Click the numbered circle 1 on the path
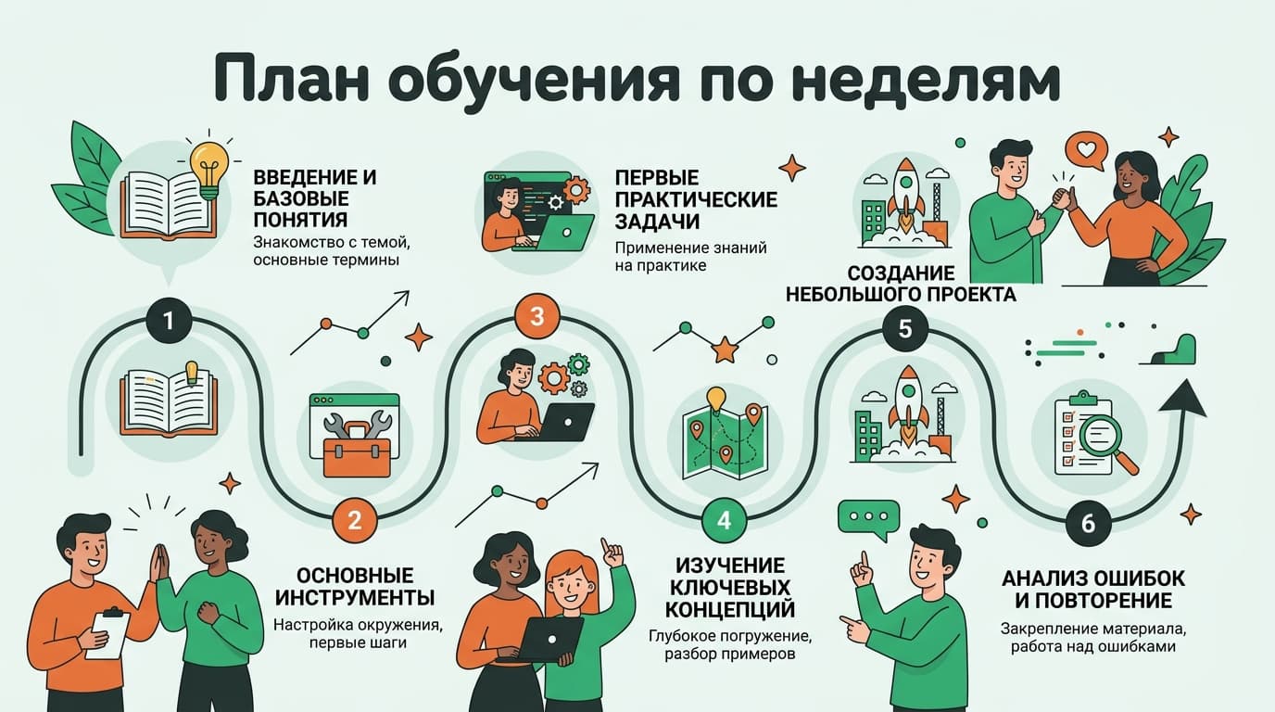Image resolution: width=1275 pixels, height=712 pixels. click(169, 320)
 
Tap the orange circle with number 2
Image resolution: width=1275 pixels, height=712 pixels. click(355, 519)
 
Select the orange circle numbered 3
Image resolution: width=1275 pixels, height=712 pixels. click(537, 316)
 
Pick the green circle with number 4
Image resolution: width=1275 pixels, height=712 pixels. click(724, 519)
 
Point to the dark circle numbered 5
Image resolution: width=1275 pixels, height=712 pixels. click(905, 329)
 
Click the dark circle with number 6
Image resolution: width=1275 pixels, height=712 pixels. click(1088, 523)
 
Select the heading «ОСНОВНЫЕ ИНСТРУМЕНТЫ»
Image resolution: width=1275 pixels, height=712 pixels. click(355, 587)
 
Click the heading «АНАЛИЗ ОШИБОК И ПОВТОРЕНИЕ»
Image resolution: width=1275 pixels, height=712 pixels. click(1092, 590)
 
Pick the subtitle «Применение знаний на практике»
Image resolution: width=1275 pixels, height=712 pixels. click(690, 257)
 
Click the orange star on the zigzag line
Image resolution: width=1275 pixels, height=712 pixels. click(725, 350)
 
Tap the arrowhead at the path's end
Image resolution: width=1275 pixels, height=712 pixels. click(1182, 398)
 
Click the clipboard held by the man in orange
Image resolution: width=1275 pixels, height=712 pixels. click(108, 632)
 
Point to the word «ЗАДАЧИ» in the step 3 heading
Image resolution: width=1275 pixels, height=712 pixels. click(657, 222)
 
